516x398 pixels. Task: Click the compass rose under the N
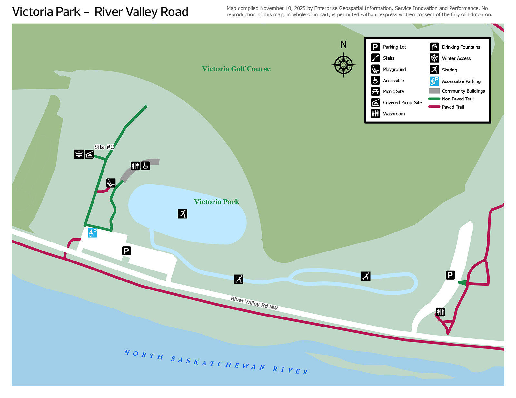[343, 65]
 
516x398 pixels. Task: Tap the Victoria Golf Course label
[236, 69]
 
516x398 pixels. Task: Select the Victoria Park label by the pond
[216, 202]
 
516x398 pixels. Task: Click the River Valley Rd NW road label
[254, 303]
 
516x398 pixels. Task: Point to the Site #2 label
[104, 147]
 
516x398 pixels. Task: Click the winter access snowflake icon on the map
[79, 154]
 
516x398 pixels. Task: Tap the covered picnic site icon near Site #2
[89, 155]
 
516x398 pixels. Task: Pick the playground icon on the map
[111, 183]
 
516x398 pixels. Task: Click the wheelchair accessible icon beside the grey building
[145, 166]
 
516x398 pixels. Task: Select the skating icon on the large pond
[183, 214]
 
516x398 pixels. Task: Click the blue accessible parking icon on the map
[93, 233]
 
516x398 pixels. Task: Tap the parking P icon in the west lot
[126, 251]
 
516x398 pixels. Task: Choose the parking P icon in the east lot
[450, 275]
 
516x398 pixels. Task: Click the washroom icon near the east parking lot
[441, 311]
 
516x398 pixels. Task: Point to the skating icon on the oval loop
[366, 276]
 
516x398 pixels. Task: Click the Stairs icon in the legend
[375, 58]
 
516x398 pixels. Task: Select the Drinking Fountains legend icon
[434, 47]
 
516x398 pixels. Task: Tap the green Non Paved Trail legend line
[434, 99]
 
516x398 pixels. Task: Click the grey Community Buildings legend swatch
[434, 91]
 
